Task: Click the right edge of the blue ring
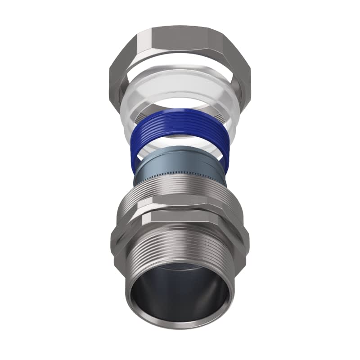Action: point(230,144)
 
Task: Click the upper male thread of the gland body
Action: point(180,191)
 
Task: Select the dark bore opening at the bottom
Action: point(180,297)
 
